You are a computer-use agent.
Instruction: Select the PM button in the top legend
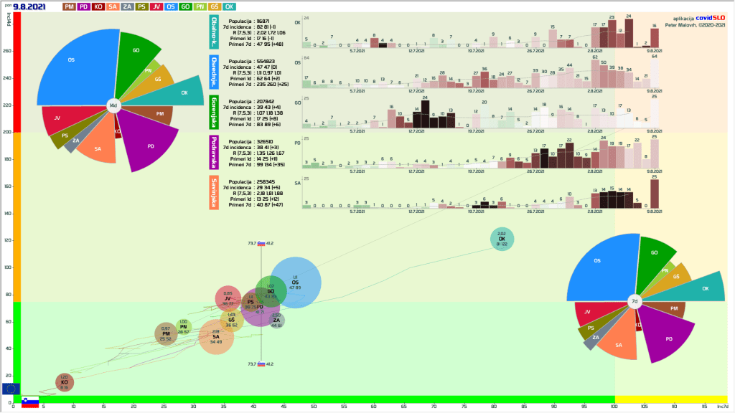[70, 6]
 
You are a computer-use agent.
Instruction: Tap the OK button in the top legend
[230, 6]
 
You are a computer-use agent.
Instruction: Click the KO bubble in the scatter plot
[65, 382]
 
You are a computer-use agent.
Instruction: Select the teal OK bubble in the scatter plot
[502, 239]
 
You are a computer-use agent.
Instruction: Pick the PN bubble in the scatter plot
[184, 327]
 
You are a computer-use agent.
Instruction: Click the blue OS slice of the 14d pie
[75, 68]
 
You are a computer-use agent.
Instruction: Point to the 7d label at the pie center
[635, 302]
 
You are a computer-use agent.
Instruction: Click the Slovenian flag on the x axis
[29, 402]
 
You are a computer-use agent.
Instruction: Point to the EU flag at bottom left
[11, 389]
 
